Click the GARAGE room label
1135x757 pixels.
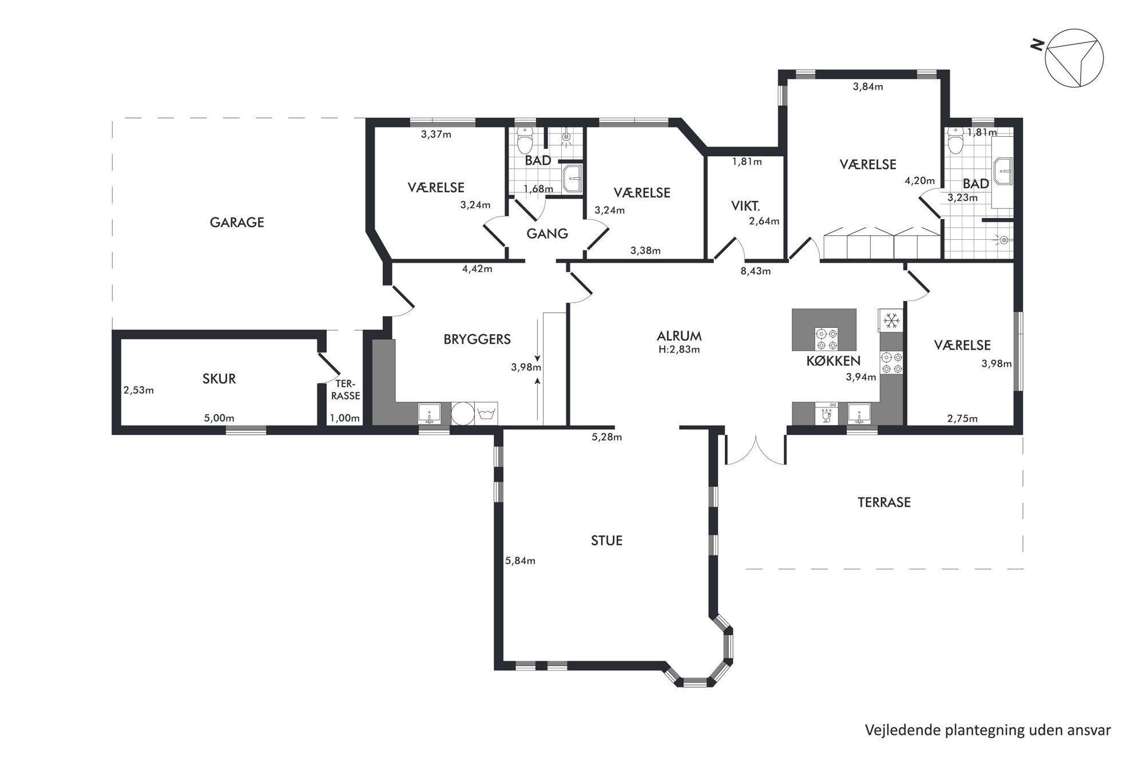[237, 223]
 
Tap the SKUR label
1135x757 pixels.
[219, 379]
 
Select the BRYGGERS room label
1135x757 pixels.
[477, 339]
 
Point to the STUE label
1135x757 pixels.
[606, 541]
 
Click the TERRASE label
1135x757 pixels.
[884, 502]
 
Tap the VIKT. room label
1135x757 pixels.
[745, 206]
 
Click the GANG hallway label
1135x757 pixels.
[547, 233]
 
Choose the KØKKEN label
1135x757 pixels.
[834, 360]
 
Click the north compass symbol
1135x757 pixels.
[1074, 58]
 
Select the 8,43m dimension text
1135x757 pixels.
[756, 271]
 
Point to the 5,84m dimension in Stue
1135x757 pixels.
[520, 561]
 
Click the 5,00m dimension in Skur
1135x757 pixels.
[219, 418]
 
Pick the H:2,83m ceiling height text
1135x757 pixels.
[679, 350]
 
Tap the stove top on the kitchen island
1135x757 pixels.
[826, 339]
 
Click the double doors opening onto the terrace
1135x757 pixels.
[755, 450]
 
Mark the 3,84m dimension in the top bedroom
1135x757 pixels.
[868, 87]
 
